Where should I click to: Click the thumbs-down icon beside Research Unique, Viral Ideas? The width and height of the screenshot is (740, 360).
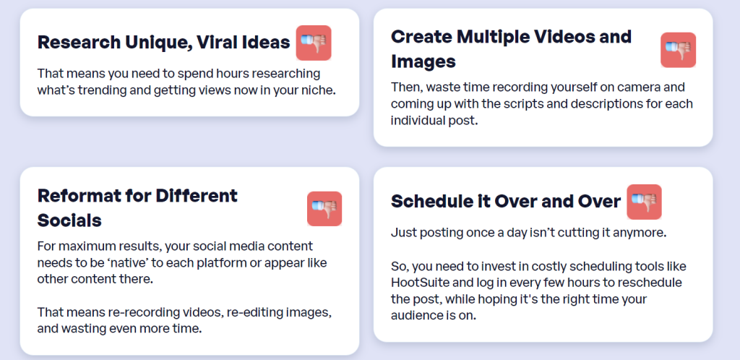pyautogui.click(x=314, y=43)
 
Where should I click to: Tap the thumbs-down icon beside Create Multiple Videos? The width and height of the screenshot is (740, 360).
pyautogui.click(x=678, y=50)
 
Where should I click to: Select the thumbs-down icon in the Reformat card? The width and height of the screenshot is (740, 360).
pyautogui.click(x=324, y=208)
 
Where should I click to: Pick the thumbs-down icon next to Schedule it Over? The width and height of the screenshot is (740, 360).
pyautogui.click(x=644, y=202)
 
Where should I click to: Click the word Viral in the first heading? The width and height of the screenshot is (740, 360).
pyautogui.click(x=217, y=43)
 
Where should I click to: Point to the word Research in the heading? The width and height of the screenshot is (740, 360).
pyautogui.click(x=79, y=43)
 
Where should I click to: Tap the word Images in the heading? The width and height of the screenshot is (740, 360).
pyautogui.click(x=423, y=62)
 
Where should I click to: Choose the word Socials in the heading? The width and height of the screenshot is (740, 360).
pyautogui.click(x=69, y=220)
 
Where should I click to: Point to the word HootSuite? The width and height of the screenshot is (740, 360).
pyautogui.click(x=418, y=283)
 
